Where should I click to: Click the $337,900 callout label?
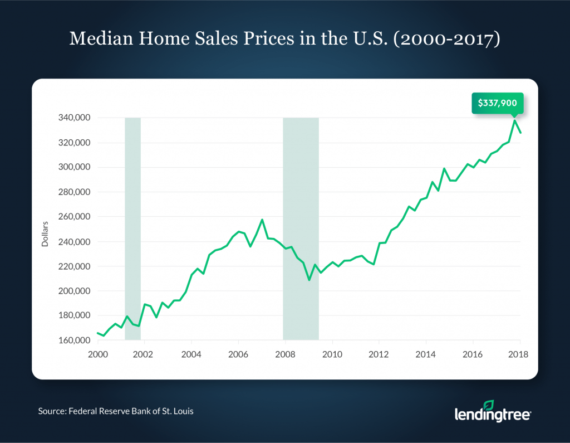[498, 103]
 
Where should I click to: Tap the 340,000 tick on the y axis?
[74, 118]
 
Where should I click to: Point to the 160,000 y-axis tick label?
[74, 340]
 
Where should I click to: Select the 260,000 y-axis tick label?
[74, 217]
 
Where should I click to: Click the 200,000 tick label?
[74, 291]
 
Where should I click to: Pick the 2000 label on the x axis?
[97, 354]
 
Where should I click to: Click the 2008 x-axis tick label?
[285, 354]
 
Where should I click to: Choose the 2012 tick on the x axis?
[379, 354]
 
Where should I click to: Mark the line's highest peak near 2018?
[514, 120]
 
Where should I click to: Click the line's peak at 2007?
[262, 220]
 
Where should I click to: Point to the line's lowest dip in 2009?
[309, 280]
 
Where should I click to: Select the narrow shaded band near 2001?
[132, 228]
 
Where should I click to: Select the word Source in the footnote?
[52, 411]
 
